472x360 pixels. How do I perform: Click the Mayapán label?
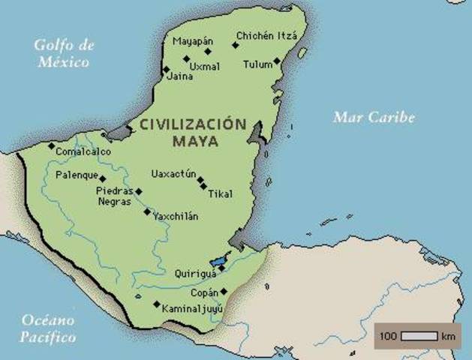click(193, 40)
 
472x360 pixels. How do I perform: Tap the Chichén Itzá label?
click(266, 35)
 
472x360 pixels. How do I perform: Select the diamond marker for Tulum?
click(277, 61)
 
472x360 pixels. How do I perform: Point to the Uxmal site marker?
click(185, 58)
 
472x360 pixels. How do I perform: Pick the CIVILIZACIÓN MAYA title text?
click(192, 133)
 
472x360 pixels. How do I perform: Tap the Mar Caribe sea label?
click(374, 117)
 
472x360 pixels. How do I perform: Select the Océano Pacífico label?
click(48, 327)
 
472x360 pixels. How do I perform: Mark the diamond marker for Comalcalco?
click(51, 145)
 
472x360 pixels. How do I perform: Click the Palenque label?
click(77, 176)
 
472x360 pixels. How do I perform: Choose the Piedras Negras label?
click(114, 196)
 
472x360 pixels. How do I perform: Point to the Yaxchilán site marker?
click(146, 211)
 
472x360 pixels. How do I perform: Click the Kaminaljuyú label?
click(193, 308)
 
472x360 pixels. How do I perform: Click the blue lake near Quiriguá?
click(219, 262)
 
